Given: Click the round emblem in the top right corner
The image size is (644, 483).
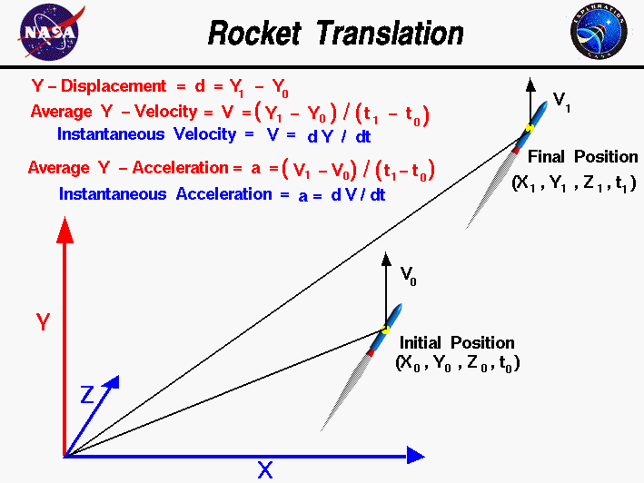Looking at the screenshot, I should [x=599, y=32].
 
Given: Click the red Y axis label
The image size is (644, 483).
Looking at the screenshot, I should [x=43, y=322].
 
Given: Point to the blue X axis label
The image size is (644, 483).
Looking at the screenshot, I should [x=264, y=470].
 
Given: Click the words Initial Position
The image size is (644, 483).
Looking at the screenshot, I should [x=457, y=343].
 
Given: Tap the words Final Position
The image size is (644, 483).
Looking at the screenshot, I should [x=582, y=157].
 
